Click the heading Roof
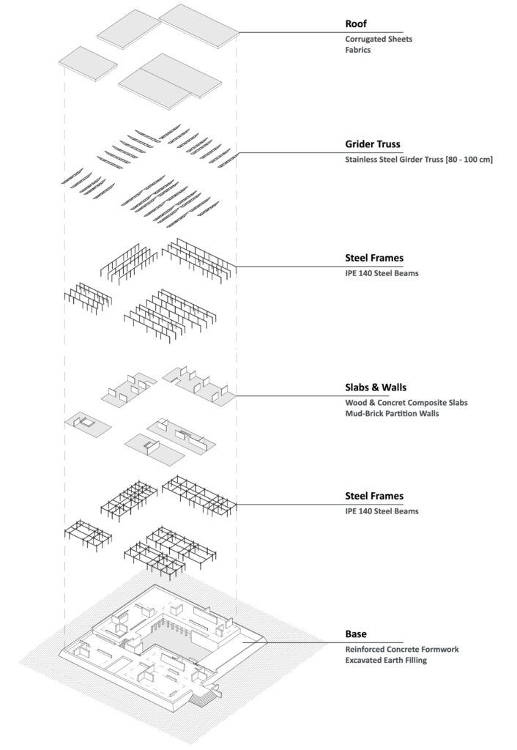click(x=356, y=23)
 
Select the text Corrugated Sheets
click(x=379, y=40)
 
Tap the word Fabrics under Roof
click(x=358, y=50)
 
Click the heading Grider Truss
click(x=373, y=144)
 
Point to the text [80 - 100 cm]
click(x=469, y=159)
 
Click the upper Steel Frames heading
click(x=374, y=259)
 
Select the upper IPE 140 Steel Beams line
click(x=382, y=274)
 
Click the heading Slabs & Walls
click(x=376, y=387)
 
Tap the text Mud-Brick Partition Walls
click(x=392, y=413)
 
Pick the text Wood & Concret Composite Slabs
click(x=406, y=403)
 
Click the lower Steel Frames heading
click(x=374, y=496)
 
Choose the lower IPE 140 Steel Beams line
click(x=382, y=511)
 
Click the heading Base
click(x=356, y=634)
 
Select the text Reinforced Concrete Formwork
click(x=402, y=650)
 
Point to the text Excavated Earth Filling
click(x=385, y=661)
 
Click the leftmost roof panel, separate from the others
click(x=88, y=63)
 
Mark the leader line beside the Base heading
click(x=322, y=643)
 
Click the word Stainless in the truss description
click(x=362, y=159)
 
